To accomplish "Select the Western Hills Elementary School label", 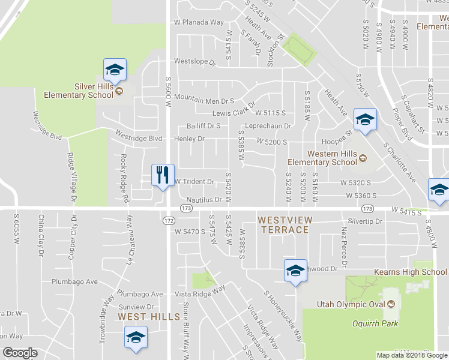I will pos(322,157).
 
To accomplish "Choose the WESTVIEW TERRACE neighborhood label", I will pos(283,224).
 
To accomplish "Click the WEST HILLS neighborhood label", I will pos(149,316).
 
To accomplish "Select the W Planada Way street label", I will pos(199,22).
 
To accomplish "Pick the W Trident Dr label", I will pos(194,181).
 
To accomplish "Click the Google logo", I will pos(20,353).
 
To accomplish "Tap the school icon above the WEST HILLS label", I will pos(136,337).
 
